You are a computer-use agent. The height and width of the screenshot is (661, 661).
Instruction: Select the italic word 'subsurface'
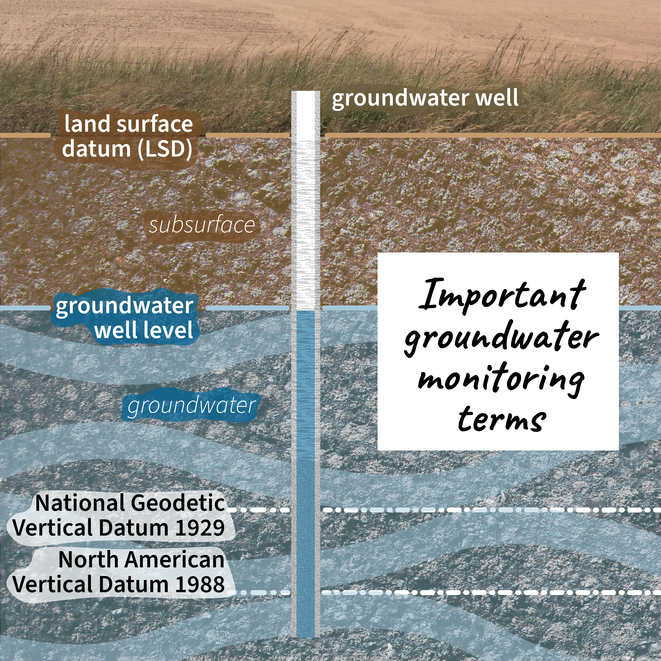202,225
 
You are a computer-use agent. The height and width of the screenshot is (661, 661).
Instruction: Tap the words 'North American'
141,560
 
